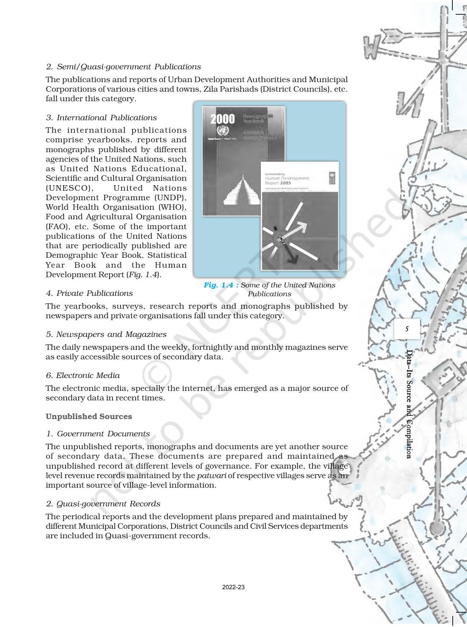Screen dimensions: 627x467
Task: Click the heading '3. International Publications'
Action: click(101, 118)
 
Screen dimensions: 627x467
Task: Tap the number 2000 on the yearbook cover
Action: click(222, 119)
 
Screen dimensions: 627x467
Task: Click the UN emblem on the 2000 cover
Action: click(222, 131)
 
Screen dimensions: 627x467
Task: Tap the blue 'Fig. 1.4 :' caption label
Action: click(221, 285)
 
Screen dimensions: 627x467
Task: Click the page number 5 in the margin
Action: click(407, 329)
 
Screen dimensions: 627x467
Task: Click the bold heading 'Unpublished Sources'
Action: click(89, 417)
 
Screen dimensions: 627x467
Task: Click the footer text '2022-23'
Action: click(233, 587)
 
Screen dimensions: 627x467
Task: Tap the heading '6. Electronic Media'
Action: click(83, 375)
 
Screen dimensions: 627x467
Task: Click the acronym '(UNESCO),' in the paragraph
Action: click(70, 188)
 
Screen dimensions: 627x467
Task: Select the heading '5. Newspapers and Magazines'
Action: click(106, 334)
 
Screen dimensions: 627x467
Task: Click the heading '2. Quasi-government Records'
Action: click(103, 504)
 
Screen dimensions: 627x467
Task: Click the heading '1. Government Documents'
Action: click(98, 434)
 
